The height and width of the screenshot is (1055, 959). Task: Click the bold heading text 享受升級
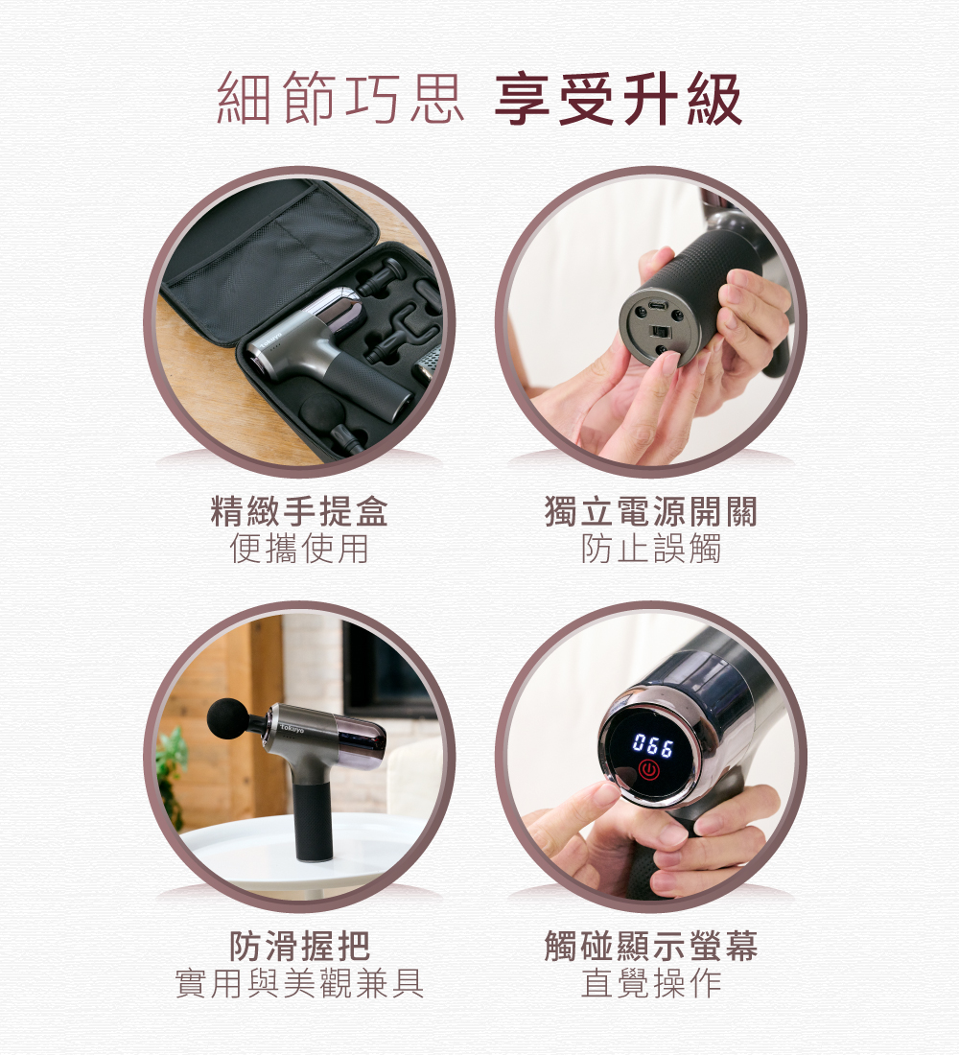click(x=618, y=100)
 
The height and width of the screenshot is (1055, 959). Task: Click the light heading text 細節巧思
click(x=340, y=100)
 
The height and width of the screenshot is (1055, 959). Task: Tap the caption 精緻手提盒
click(x=299, y=510)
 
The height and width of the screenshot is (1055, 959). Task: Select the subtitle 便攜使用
click(x=299, y=549)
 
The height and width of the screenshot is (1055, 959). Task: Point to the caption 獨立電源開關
click(x=651, y=510)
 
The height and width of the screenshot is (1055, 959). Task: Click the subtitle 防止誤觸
click(x=651, y=549)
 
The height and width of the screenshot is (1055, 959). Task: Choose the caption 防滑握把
click(x=299, y=946)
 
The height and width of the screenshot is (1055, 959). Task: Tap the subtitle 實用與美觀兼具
click(x=299, y=983)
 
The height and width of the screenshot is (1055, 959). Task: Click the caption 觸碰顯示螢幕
click(x=651, y=946)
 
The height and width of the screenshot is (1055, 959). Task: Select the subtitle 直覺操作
click(x=651, y=983)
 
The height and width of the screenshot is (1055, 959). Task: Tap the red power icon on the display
click(x=648, y=770)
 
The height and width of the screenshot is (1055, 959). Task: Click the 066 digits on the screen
click(x=652, y=745)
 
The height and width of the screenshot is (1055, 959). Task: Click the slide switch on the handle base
click(x=658, y=332)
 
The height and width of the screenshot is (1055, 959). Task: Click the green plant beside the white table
click(x=172, y=774)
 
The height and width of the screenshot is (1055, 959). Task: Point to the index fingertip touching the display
click(x=603, y=794)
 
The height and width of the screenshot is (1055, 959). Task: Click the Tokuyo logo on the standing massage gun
click(x=292, y=729)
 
